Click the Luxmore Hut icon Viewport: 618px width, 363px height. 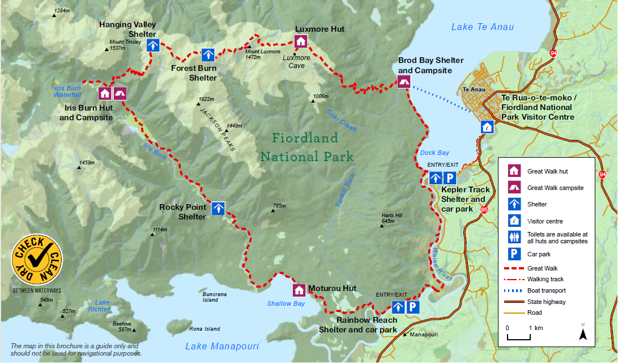301,41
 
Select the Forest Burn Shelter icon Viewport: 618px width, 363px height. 208,55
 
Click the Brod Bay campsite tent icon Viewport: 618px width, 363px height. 404,82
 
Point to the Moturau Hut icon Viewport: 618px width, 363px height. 299,290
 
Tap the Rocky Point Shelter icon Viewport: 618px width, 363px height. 218,208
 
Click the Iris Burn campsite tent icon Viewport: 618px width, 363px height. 120,93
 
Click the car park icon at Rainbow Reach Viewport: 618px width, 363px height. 413,307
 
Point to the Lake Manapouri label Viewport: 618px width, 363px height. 222,346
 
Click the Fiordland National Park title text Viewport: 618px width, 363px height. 306,147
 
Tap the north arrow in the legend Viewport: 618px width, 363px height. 583,332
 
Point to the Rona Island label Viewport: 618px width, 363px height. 204,329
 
